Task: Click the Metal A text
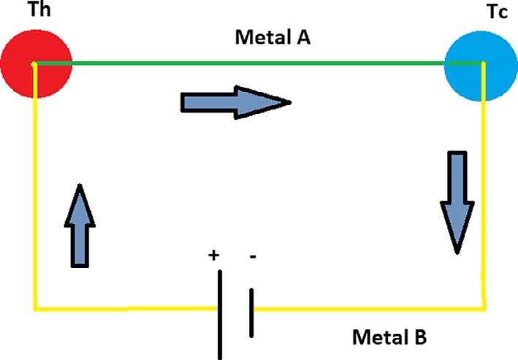[273, 38]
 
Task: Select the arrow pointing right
[235, 102]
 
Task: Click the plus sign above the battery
[214, 256]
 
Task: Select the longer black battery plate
[220, 314]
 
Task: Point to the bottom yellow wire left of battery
[124, 308]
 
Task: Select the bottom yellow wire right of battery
[365, 308]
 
